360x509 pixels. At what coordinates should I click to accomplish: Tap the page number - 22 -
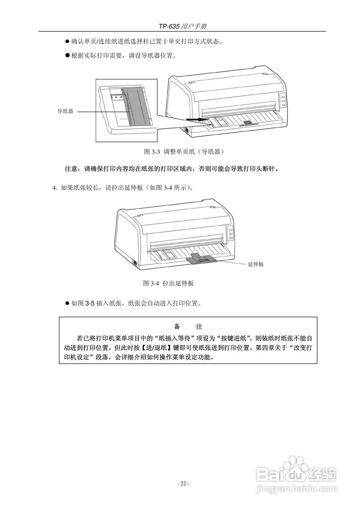pos(183,484)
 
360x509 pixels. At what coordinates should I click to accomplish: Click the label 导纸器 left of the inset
pos(65,112)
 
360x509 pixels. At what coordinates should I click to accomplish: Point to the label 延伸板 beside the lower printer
pos(256,264)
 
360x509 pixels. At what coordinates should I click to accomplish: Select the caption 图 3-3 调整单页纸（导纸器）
pos(182,152)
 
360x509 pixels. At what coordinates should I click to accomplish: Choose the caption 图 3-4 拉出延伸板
pos(168,284)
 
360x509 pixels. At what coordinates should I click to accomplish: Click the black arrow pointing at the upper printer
pos(197,119)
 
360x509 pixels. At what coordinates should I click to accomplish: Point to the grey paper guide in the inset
pos(136,107)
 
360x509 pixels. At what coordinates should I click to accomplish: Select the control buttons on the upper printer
pos(282,101)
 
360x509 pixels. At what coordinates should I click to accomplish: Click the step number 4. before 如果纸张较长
pos(55,188)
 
